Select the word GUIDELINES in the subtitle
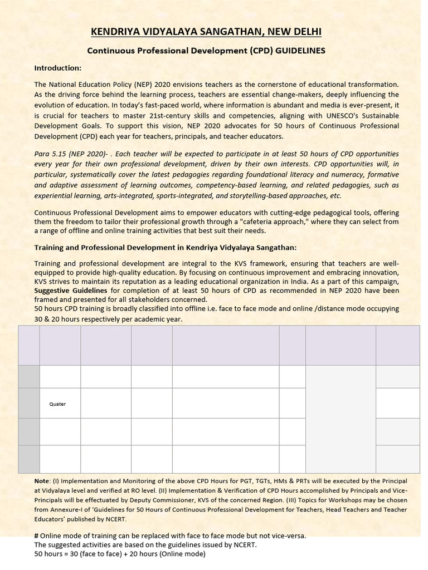tap(297, 51)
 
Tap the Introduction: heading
tap(58, 68)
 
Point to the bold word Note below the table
tap(42, 480)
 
